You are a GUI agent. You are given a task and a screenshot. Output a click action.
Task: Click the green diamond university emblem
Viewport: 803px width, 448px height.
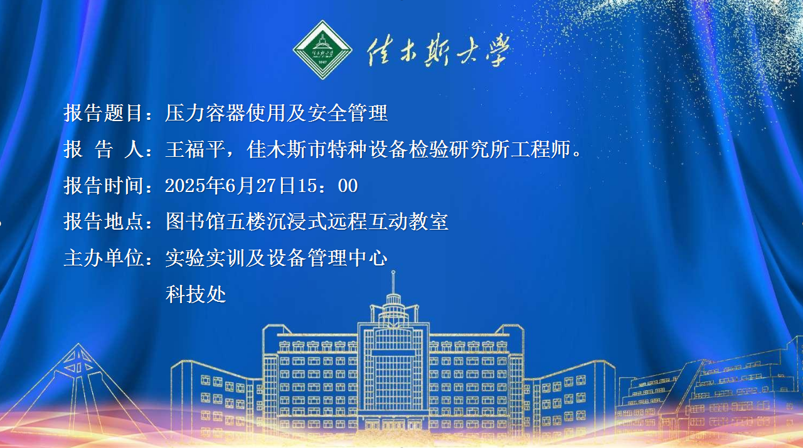click(x=322, y=50)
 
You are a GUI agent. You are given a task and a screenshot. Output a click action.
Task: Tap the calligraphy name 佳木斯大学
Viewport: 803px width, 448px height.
click(x=439, y=50)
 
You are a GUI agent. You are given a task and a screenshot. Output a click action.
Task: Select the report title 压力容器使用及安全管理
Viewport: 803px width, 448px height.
click(x=277, y=113)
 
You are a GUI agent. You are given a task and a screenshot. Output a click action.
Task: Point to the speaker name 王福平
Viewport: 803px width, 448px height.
click(x=195, y=149)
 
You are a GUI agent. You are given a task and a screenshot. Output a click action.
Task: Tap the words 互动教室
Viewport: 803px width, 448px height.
click(x=408, y=221)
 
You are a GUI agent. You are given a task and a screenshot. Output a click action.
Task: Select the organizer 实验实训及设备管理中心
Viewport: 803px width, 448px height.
click(x=277, y=258)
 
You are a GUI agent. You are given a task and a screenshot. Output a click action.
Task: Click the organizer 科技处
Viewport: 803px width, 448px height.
click(x=195, y=294)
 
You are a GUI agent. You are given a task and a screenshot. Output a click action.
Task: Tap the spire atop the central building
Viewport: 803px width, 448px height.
click(x=393, y=282)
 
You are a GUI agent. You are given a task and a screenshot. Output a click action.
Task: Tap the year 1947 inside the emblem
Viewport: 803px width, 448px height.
click(x=322, y=62)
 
